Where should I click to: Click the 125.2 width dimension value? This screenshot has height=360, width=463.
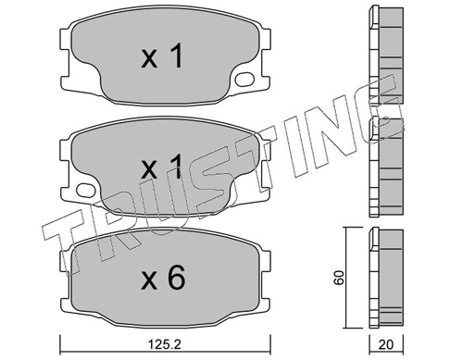pyautogui.click(x=165, y=344)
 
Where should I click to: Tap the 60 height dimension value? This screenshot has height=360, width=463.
pyautogui.click(x=339, y=278)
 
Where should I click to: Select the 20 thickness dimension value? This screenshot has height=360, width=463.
pyautogui.click(x=386, y=344)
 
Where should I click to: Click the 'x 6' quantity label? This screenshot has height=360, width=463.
pyautogui.click(x=163, y=278)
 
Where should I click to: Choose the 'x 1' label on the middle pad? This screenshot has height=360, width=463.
pyautogui.click(x=161, y=167)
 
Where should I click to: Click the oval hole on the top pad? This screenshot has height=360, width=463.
pyautogui.click(x=244, y=79)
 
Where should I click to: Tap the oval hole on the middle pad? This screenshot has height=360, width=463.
pyautogui.click(x=86, y=190)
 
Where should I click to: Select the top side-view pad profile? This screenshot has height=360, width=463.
pyautogui.click(x=386, y=55)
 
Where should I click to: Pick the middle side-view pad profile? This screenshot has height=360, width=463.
pyautogui.click(x=386, y=167)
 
